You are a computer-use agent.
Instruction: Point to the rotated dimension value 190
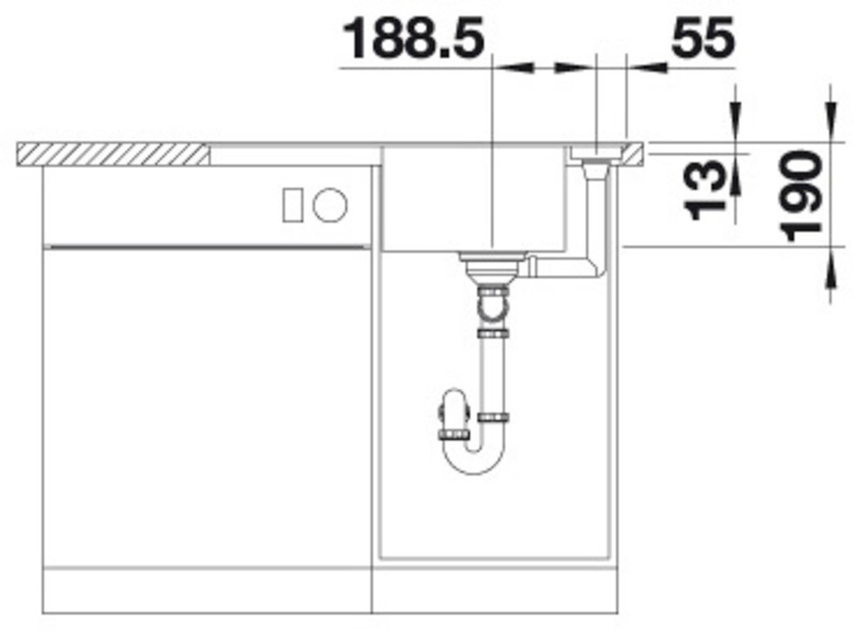[802, 195]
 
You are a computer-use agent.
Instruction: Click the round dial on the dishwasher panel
[330, 205]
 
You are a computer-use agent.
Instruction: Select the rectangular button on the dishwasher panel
[291, 205]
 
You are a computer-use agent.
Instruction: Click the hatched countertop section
[113, 155]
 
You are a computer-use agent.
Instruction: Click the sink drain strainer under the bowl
[493, 261]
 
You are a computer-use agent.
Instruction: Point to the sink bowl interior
[471, 201]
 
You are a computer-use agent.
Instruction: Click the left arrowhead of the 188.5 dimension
[515, 66]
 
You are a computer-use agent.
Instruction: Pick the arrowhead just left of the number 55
[646, 66]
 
